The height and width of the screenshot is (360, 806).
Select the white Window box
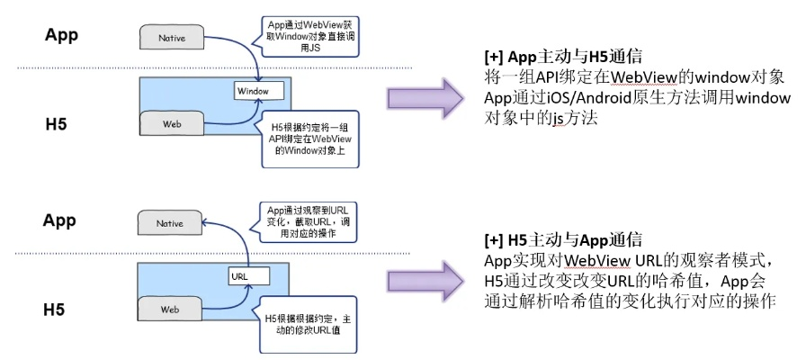pyautogui.click(x=258, y=91)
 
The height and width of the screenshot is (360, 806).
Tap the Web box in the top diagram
pyautogui.click(x=171, y=122)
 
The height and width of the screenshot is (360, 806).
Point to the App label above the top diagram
pyautogui.click(x=62, y=36)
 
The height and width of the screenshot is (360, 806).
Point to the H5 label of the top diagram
pyautogui.click(x=59, y=122)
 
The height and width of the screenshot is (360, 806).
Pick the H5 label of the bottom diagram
pyautogui.click(x=59, y=309)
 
